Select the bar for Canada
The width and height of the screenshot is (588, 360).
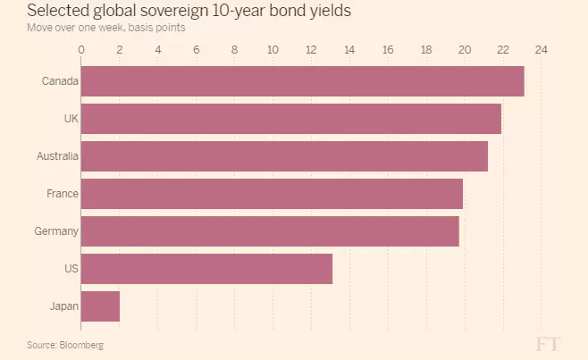click(303, 81)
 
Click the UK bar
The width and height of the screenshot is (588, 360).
click(291, 119)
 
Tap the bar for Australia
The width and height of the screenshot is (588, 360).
click(285, 156)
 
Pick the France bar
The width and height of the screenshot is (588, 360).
click(272, 194)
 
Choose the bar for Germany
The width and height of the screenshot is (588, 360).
click(270, 231)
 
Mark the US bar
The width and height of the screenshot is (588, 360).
click(206, 269)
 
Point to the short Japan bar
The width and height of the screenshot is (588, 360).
click(100, 306)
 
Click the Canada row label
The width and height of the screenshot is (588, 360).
click(60, 81)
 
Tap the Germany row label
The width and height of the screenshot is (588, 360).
click(56, 231)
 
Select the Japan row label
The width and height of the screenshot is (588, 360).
click(64, 306)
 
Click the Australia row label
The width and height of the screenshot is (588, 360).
click(57, 156)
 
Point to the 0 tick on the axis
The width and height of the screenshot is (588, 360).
click(81, 50)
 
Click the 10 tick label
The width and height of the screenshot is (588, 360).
click(273, 50)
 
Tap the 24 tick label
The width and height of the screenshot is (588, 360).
click(542, 50)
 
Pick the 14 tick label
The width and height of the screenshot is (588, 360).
click(349, 50)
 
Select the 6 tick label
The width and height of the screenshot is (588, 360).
click(196, 50)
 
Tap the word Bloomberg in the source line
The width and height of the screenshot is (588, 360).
click(81, 345)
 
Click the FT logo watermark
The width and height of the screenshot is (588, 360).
click(548, 344)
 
